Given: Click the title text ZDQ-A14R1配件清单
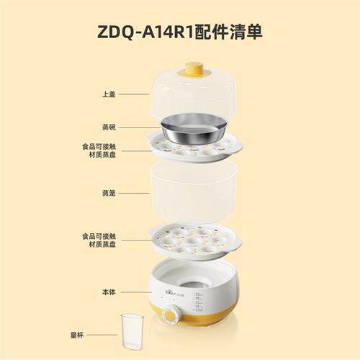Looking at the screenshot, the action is (x=180, y=32).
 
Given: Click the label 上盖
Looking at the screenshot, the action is (x=109, y=94).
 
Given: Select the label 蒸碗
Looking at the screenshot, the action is (x=109, y=127).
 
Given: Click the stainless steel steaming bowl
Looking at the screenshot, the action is (x=194, y=130).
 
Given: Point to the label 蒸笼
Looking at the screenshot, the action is (x=109, y=193).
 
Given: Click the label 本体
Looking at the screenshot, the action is (x=109, y=292).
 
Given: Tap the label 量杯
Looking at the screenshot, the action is (x=77, y=335).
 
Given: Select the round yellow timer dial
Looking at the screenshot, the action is (x=171, y=315).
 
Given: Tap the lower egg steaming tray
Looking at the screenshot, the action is (x=194, y=241).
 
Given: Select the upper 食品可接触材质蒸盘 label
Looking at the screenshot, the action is (x=99, y=150).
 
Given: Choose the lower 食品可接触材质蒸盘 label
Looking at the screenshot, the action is (x=99, y=240).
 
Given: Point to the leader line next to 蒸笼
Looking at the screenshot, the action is (x=134, y=193).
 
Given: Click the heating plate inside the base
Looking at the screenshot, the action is (x=193, y=284).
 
